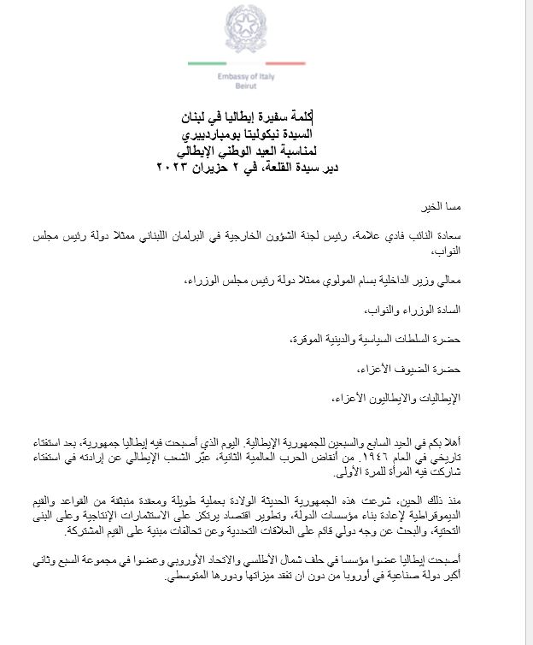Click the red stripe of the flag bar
pyautogui.click(x=279, y=63)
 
